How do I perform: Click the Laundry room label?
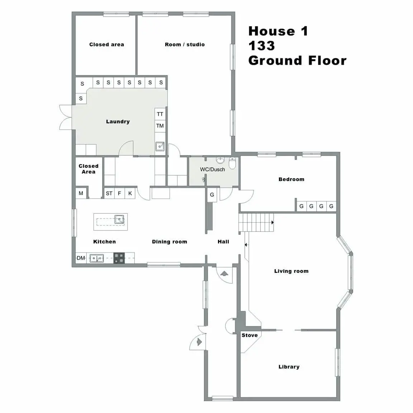(118, 122)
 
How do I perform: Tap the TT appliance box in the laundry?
(160, 114)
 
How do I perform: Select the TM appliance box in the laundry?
(160, 126)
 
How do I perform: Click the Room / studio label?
(185, 44)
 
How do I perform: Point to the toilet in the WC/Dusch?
(232, 163)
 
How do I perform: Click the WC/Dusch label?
(212, 169)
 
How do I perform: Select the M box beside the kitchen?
(81, 193)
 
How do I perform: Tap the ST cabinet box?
(109, 193)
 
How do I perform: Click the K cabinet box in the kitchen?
(130, 193)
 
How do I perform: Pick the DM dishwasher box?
(81, 258)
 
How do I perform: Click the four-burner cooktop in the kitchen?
(119, 258)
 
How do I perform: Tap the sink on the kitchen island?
(119, 219)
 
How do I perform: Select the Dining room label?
(169, 242)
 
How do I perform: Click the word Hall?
(223, 242)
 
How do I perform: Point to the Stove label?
(250, 335)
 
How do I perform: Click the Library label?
(289, 367)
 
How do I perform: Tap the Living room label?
(291, 271)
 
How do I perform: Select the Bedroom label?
(291, 179)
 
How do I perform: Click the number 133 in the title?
(262, 46)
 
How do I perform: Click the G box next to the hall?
(212, 195)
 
